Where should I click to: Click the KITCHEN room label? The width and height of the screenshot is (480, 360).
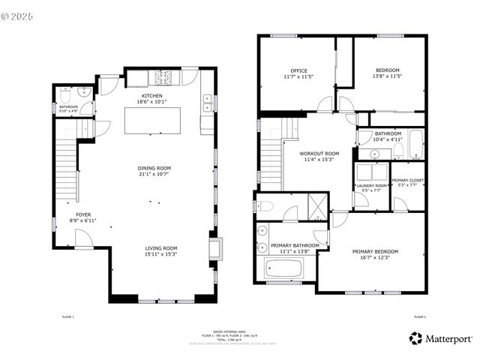pyautogui.click(x=152, y=96)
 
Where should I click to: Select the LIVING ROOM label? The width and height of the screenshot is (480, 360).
pyautogui.click(x=160, y=248)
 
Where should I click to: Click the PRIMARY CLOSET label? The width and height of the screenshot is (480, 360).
pyautogui.click(x=408, y=181)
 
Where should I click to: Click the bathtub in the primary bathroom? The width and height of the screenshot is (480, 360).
pyautogui.click(x=283, y=268)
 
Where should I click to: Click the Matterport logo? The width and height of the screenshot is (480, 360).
pyautogui.click(x=441, y=339)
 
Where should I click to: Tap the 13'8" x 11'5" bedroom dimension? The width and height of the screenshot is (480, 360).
pyautogui.click(x=388, y=76)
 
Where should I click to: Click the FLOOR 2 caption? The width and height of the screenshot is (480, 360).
pyautogui.click(x=419, y=318)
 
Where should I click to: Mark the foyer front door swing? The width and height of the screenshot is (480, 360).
pyautogui.click(x=84, y=238)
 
